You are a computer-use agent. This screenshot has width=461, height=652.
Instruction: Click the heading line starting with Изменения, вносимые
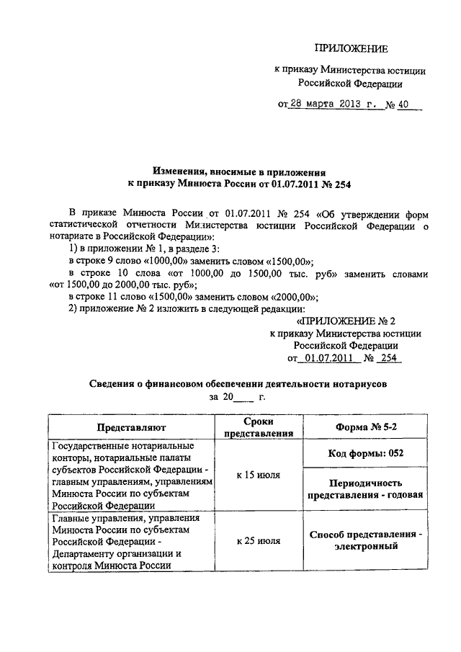tap(238, 172)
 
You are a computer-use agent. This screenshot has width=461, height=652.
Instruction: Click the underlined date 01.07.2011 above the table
tap(327, 357)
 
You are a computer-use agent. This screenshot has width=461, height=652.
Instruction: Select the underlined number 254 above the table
tap(390, 357)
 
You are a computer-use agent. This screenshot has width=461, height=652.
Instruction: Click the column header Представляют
tap(133, 427)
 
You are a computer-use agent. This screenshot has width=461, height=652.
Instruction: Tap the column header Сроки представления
tap(259, 427)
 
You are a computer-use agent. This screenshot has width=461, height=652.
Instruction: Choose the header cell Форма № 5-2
tap(366, 427)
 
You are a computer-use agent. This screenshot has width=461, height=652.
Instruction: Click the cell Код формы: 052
tap(366, 452)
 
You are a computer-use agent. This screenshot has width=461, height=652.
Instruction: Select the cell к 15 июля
tap(259, 475)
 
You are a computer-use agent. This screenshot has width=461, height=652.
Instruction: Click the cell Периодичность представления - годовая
tap(366, 488)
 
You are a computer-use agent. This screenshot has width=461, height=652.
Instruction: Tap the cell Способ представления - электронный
tap(366, 540)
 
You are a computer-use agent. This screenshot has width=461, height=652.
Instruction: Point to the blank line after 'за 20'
tap(244, 397)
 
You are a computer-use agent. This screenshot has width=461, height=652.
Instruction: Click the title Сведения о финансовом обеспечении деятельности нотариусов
tap(237, 385)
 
